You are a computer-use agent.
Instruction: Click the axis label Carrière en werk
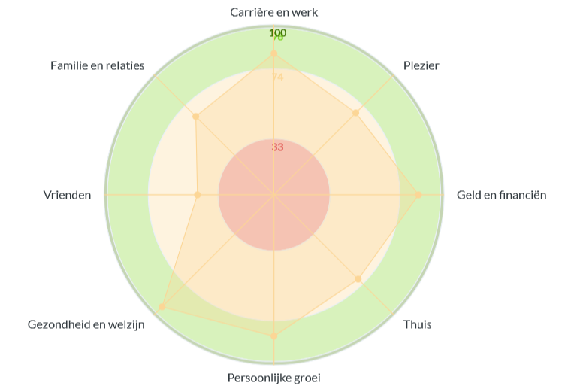pos(273,12)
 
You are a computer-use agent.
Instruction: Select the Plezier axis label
pos(421,65)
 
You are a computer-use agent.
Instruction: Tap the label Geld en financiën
pos(501,196)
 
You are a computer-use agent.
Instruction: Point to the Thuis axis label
pos(418,325)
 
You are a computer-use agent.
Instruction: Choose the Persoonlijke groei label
pos(273,378)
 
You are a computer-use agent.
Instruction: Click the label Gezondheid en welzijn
pos(86,325)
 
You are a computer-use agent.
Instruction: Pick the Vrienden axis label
pos(68,196)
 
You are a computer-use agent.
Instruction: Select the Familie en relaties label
pos(98,65)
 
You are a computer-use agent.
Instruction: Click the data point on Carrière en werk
pos(273,54)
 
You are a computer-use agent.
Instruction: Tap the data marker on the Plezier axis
pos(356,113)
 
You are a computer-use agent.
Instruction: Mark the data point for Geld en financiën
pos(418,195)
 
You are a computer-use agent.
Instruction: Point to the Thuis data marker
pos(358,279)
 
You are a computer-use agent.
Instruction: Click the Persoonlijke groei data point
pos(273,336)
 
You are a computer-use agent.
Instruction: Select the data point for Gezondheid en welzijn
pos(162,307)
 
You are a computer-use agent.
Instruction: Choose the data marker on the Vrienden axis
pos(198,195)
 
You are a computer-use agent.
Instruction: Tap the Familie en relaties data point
pos(195,117)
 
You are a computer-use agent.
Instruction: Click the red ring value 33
pos(277,147)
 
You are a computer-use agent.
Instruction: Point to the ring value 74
pos(277,77)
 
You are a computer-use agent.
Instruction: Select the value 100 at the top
pos(277,32)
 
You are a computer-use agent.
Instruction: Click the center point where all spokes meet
pos(273,195)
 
